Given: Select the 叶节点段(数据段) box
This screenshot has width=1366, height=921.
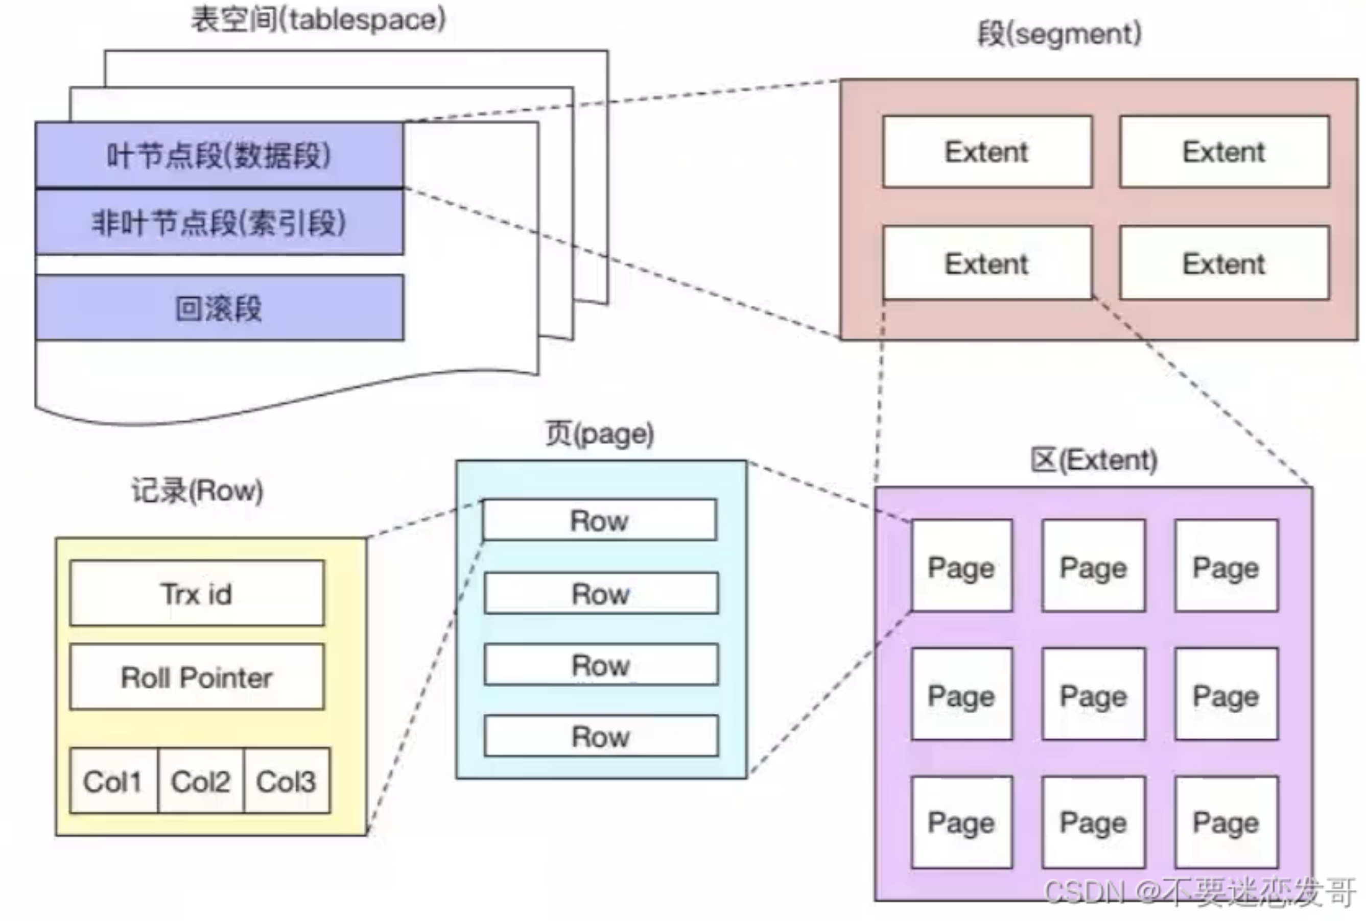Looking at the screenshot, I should tap(219, 155).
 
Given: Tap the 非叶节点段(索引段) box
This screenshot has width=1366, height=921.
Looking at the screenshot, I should tap(219, 223).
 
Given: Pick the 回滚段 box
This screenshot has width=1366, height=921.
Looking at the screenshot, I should tap(219, 308).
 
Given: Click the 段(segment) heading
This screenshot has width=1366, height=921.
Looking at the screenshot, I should tap(1059, 34).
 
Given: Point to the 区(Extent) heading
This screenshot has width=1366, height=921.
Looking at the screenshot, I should tap(1094, 460).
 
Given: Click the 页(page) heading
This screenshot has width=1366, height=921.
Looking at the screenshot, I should tap(600, 434).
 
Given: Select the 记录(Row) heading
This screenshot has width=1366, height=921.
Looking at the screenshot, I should tap(197, 491).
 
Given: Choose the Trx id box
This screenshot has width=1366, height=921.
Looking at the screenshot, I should tap(197, 593).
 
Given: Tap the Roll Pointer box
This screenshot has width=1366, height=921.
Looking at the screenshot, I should tap(197, 677).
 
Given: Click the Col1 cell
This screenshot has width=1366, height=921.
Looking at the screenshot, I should tap(113, 781).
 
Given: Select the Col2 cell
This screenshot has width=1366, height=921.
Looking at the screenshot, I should tap(200, 781).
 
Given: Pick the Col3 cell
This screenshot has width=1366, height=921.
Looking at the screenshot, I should tap(287, 781).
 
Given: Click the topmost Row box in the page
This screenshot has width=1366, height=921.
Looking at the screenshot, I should tap(600, 520).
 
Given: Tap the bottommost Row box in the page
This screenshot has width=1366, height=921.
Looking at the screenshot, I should tap(601, 736).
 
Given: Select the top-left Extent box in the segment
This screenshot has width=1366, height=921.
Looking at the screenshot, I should tap(987, 152).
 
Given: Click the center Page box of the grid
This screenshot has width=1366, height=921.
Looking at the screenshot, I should tap(1093, 694).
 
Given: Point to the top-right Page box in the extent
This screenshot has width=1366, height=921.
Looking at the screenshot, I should tap(1226, 566).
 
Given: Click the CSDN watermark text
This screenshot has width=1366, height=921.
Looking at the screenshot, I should tap(1199, 891).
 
